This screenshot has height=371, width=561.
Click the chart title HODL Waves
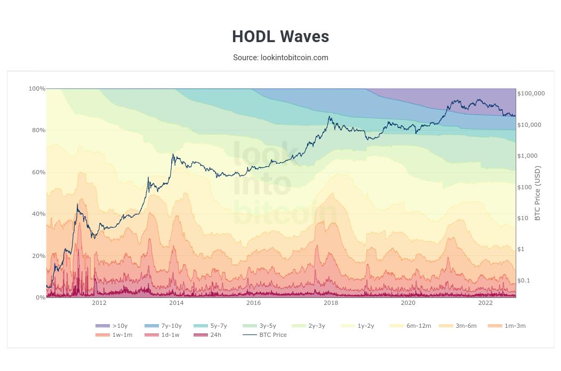(x=280, y=36)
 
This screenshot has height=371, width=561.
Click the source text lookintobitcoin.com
(x=280, y=58)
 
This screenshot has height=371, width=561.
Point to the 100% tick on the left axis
(x=37, y=88)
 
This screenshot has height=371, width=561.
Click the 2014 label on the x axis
(x=176, y=303)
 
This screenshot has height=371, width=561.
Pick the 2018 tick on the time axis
(x=331, y=303)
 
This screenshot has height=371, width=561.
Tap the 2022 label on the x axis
(x=485, y=303)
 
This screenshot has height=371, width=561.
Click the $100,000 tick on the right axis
(x=531, y=93)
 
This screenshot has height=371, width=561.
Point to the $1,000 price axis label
(x=528, y=156)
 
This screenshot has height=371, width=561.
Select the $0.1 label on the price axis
(x=524, y=280)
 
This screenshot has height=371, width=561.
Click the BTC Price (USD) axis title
(x=538, y=193)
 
